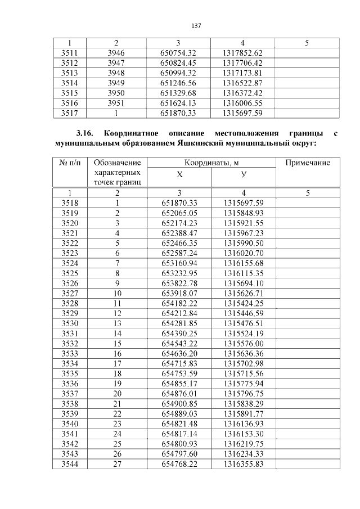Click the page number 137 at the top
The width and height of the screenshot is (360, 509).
196,26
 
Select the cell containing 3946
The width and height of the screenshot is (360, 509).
116,53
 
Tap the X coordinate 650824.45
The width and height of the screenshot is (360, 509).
178,63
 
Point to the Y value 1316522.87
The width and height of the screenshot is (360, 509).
243,83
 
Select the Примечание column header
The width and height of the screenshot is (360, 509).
308,163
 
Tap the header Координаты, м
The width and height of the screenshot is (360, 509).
211,163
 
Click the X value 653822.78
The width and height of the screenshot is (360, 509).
179,284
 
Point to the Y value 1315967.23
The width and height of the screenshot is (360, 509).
243,233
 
